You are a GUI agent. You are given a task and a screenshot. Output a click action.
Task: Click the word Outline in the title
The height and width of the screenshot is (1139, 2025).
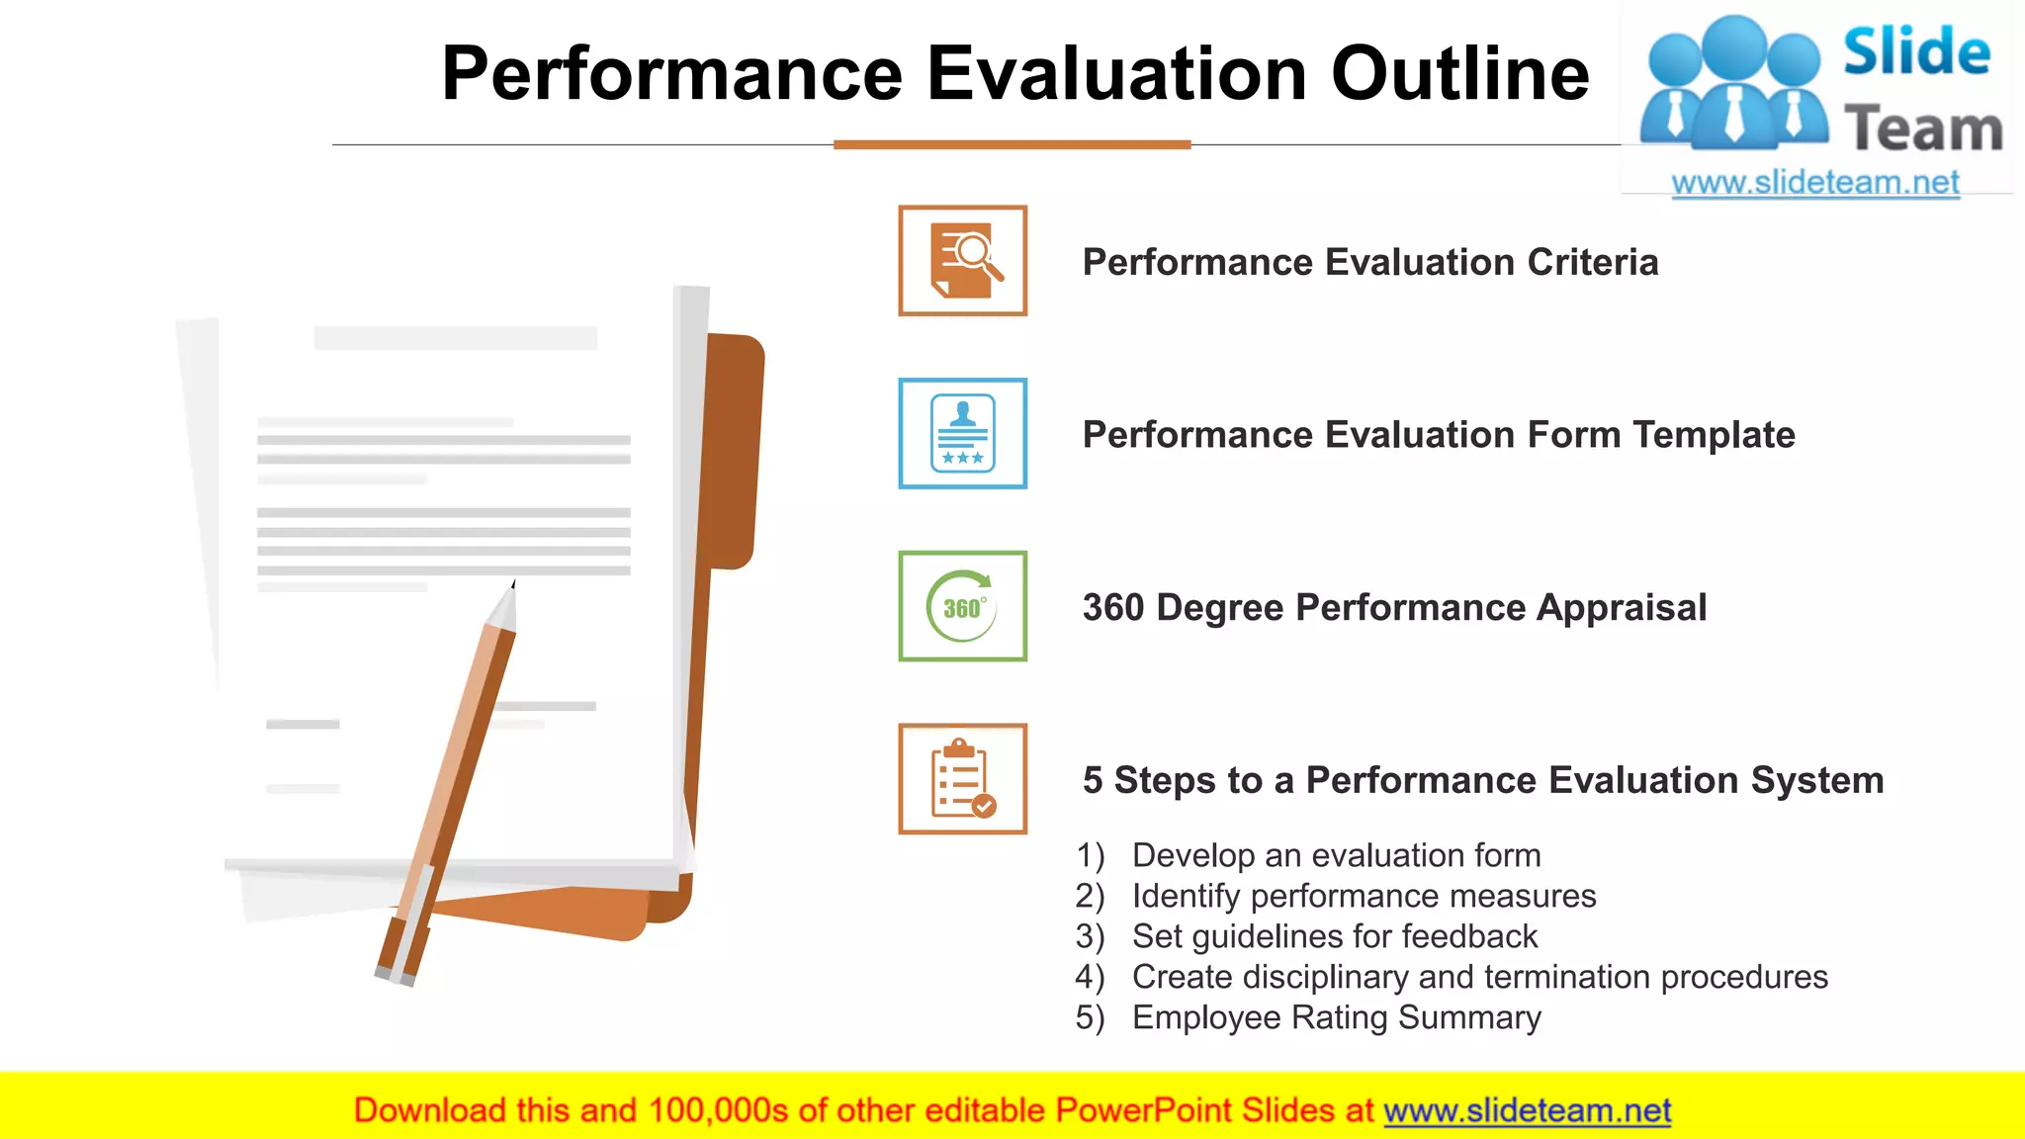click(x=1459, y=74)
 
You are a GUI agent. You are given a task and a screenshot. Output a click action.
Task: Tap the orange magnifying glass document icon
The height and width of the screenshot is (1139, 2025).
click(x=962, y=261)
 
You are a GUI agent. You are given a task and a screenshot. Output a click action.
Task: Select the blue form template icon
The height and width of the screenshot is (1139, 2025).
click(x=962, y=433)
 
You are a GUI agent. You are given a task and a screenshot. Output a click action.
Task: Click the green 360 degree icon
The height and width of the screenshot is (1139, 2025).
click(x=962, y=606)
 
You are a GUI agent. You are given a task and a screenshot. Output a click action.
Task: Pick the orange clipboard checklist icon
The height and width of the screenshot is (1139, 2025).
click(x=962, y=779)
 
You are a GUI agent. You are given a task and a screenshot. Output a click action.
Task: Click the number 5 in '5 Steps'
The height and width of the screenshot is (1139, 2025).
click(x=1093, y=781)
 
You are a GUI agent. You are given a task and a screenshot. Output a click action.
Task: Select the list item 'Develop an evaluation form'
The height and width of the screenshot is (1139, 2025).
click(x=1336, y=855)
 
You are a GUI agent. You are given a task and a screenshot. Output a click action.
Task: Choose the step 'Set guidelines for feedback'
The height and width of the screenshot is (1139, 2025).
click(x=1334, y=936)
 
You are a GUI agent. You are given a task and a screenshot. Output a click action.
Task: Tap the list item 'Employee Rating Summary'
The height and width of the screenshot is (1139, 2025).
click(x=1336, y=1017)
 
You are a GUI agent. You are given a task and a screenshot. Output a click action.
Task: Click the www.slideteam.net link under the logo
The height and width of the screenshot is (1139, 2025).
click(x=1814, y=183)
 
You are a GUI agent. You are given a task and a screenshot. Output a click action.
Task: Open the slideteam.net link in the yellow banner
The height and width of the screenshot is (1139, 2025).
click(x=1527, y=1111)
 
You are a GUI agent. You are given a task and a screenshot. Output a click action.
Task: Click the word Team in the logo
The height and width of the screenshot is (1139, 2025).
click(x=1922, y=130)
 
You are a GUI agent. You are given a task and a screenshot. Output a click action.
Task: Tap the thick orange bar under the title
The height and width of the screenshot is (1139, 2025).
click(x=1012, y=144)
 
